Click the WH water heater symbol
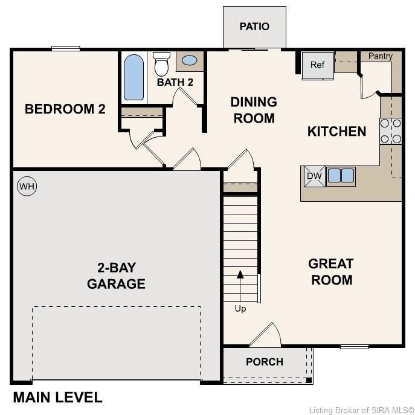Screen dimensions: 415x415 27,186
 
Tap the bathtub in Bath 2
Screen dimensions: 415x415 134,77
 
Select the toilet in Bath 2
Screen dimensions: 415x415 161,63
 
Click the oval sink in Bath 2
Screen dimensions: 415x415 189,60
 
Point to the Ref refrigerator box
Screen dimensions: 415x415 318,65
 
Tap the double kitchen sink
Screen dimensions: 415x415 341,176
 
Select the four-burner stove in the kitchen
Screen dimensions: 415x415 390,131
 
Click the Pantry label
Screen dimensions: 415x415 381,56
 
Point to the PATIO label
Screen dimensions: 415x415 254,27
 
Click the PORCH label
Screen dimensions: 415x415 265,362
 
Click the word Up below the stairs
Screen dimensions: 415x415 240,309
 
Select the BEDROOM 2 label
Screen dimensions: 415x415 65,109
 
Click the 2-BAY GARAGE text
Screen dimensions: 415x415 116,275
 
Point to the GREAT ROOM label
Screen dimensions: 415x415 330,272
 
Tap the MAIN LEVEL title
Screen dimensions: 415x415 57,397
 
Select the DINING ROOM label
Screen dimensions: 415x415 254,110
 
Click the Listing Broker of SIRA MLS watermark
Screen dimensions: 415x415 361,410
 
